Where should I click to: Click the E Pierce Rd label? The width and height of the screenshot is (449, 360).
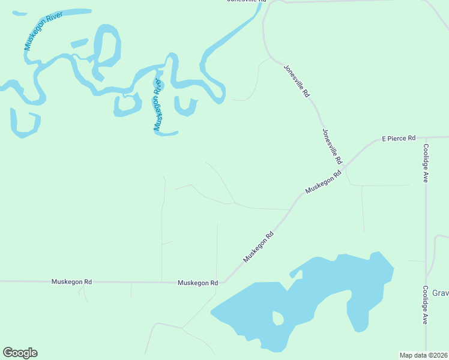tap(399, 139)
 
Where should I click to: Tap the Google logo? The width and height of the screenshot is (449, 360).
tap(20, 353)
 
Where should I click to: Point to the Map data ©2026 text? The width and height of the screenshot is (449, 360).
tap(423, 355)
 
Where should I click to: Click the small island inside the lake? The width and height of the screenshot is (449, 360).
tap(277, 318)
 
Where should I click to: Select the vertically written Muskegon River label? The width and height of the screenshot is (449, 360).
tap(158, 104)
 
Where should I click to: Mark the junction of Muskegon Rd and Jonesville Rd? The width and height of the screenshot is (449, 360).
tap(346, 169)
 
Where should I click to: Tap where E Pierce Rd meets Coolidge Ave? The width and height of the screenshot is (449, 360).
tap(425, 137)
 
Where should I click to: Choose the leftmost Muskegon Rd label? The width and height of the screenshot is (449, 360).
tap(71, 281)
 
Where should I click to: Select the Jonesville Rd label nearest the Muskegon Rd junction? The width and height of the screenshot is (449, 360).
tap(332, 146)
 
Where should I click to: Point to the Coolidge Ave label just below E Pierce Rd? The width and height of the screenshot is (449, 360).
tap(425, 163)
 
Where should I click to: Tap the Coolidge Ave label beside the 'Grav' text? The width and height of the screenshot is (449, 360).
tap(425, 305)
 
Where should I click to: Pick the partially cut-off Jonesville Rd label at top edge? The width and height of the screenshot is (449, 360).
tap(246, 2)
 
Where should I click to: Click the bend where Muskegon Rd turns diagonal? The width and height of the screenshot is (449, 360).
tap(223, 281)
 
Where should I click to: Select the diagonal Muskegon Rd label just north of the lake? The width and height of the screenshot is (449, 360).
tap(258, 247)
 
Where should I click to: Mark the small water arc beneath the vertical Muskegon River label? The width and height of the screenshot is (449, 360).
tap(165, 133)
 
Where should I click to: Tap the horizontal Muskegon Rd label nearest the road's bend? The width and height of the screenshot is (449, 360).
tap(197, 283)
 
